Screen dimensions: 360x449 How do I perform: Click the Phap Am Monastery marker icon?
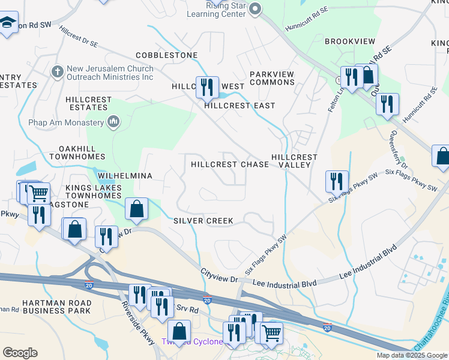point(113,123)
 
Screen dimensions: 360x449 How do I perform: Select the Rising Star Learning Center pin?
point(255,8)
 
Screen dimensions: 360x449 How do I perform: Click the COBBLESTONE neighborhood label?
point(167,55)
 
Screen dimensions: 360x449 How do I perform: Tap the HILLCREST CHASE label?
point(230,164)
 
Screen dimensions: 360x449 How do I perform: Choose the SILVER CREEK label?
point(203,221)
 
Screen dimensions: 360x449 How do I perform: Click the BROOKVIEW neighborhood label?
point(350,41)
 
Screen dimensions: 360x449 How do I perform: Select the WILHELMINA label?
point(125,176)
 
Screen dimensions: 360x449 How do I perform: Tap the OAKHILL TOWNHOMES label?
point(82,152)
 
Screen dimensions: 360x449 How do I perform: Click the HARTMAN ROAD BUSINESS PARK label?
point(56,307)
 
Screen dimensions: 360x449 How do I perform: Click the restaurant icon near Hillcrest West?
point(207,87)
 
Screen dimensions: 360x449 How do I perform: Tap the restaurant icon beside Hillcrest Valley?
point(337,181)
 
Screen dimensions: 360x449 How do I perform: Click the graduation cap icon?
point(7,23)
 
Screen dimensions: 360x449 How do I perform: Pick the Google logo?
point(20,353)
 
